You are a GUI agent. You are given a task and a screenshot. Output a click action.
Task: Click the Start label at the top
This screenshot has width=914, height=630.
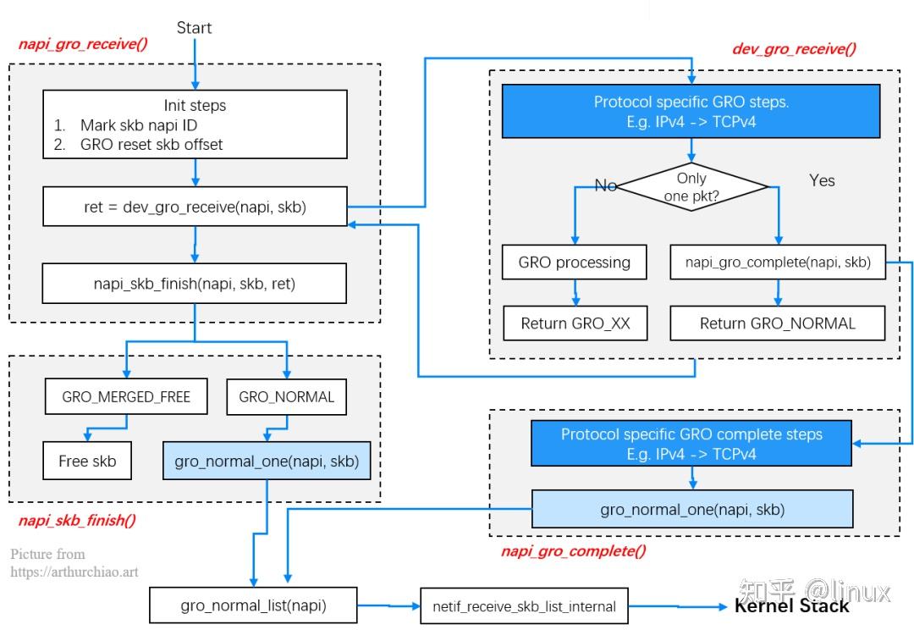tap(194, 28)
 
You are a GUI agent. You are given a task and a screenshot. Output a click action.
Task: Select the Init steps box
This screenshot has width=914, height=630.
tap(195, 124)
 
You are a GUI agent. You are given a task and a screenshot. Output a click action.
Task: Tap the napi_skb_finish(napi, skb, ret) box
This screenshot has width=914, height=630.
tap(195, 284)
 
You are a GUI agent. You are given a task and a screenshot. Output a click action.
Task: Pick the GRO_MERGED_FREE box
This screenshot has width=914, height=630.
tap(126, 396)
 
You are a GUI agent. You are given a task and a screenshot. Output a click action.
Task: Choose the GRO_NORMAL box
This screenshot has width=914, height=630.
tap(286, 396)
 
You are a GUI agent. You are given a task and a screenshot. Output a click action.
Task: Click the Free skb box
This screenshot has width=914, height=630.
tap(87, 461)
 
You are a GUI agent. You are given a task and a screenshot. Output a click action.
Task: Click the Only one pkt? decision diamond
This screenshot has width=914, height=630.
tap(692, 186)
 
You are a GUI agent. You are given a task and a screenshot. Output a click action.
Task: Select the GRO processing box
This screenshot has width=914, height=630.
tap(575, 262)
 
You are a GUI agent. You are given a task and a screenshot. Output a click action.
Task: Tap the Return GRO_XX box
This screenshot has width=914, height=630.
tap(575, 323)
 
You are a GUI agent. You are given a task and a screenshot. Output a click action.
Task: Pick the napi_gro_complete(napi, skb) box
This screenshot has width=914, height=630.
tap(778, 262)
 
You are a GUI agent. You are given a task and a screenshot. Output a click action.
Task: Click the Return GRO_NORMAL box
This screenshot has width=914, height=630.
tap(778, 323)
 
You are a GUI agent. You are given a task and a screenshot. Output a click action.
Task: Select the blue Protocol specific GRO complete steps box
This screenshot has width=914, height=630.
tap(691, 443)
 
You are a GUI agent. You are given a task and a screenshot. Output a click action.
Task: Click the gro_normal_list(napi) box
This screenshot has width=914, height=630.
tap(254, 605)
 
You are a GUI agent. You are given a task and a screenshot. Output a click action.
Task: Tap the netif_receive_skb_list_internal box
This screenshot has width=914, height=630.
tap(525, 605)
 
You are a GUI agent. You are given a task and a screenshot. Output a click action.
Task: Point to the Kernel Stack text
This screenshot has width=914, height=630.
tap(791, 605)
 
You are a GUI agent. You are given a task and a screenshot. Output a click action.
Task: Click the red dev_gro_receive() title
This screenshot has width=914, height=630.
tap(793, 48)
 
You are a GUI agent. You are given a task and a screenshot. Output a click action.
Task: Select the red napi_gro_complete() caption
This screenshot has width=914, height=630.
tap(573, 551)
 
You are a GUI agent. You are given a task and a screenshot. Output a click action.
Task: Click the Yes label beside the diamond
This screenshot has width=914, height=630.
tap(822, 180)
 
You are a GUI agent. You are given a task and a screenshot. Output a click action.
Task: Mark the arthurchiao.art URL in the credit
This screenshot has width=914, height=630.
tap(74, 572)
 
